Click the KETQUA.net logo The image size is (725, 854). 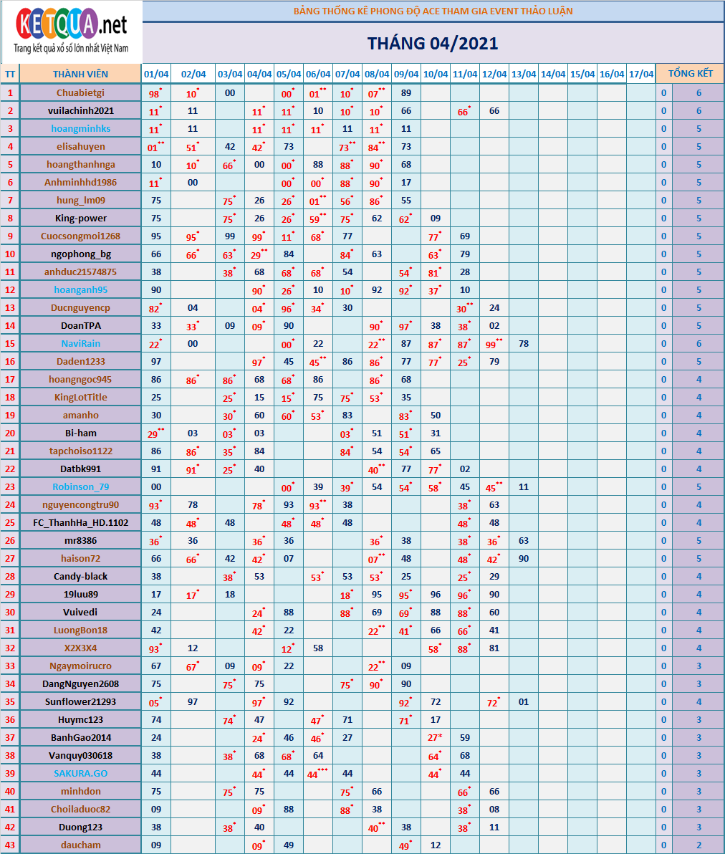71,32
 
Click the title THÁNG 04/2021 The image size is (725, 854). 433,43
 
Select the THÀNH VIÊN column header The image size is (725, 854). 80,74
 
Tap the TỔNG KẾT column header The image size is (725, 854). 690,74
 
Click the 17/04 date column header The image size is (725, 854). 640,74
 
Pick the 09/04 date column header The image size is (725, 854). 406,74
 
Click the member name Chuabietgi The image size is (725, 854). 80,92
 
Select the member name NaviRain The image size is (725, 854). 80,343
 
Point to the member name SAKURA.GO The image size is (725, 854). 80,773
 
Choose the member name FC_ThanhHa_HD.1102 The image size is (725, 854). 80,522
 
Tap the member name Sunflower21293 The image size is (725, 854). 80,701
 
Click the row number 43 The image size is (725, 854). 10,845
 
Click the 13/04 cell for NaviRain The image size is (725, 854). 524,343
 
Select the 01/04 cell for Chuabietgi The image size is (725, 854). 156,93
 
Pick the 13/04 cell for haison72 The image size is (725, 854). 524,558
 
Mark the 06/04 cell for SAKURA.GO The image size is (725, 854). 317,774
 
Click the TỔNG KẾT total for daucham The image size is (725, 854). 698,845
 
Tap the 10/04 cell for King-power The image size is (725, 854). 436,218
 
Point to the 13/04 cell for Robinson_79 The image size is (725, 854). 524,486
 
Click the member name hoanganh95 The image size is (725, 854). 80,289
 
